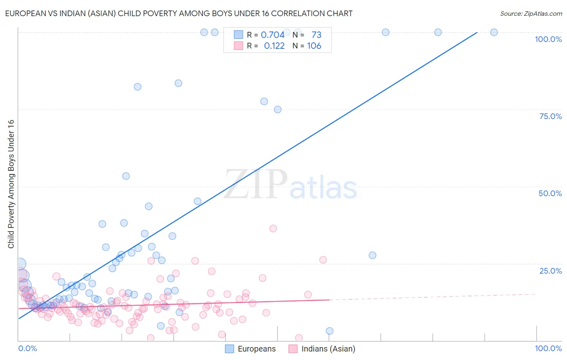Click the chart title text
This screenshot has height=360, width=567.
click(179, 13)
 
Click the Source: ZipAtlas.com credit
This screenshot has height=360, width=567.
click(531, 13)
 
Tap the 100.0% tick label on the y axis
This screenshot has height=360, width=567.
click(548, 39)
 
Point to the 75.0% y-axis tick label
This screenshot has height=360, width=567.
click(550, 116)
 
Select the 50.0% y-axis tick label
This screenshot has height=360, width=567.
click(550, 193)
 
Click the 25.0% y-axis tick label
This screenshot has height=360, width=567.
click(550, 271)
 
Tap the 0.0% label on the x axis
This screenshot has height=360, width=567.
click(27, 348)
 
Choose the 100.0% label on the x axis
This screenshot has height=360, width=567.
click(548, 348)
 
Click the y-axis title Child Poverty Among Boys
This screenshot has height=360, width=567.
click(11, 184)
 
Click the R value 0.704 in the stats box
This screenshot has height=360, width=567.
click(273, 35)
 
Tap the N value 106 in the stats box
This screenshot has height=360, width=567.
click(314, 46)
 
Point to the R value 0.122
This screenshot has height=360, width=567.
click(274, 46)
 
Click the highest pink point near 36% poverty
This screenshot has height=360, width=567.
click(273, 228)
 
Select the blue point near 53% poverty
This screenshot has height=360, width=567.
click(126, 176)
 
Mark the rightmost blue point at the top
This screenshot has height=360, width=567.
click(494, 32)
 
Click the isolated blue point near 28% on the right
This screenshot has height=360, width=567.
click(372, 255)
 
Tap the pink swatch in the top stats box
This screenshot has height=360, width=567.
click(238, 46)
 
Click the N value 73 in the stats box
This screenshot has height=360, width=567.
click(317, 35)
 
